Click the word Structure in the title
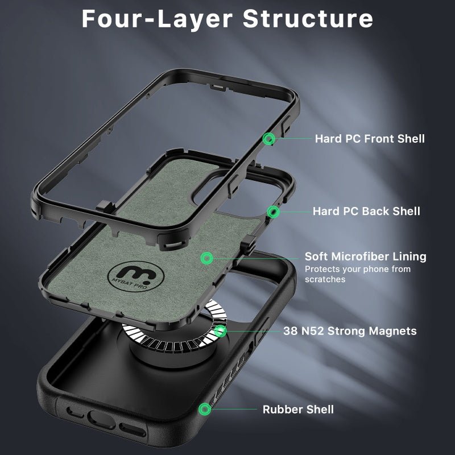(x=308, y=18)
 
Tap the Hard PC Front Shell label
(x=370, y=138)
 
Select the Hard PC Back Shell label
(x=366, y=212)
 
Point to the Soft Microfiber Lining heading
(x=365, y=257)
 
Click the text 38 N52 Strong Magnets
(x=350, y=330)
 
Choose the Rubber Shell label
(x=298, y=409)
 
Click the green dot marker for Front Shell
(x=269, y=138)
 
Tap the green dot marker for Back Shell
(x=274, y=212)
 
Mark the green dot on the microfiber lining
(x=206, y=258)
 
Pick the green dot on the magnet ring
(x=220, y=330)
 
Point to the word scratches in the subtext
(x=325, y=279)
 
